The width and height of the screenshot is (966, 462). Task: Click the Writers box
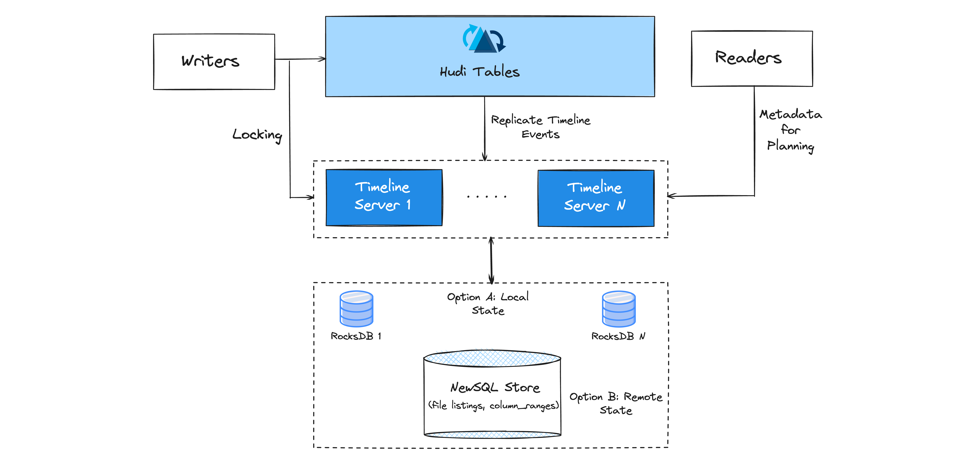(214, 62)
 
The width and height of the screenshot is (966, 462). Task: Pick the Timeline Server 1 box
(384, 198)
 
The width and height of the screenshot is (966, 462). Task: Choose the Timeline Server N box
(596, 198)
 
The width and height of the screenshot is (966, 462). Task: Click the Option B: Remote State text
(616, 403)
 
